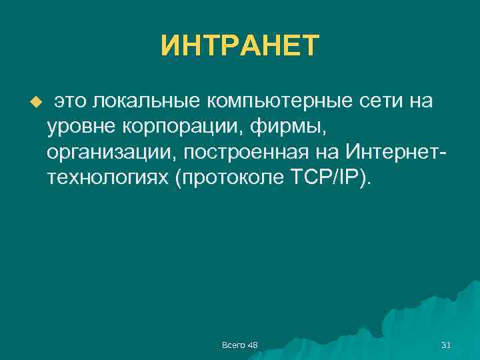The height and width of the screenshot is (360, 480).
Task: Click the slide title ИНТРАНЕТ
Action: click(x=240, y=46)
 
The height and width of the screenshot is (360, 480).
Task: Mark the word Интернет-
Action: click(x=396, y=153)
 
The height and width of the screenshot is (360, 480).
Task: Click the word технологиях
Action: click(x=107, y=178)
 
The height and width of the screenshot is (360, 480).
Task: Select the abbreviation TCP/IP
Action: click(x=331, y=178)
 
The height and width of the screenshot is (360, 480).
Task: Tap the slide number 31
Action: click(x=446, y=345)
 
